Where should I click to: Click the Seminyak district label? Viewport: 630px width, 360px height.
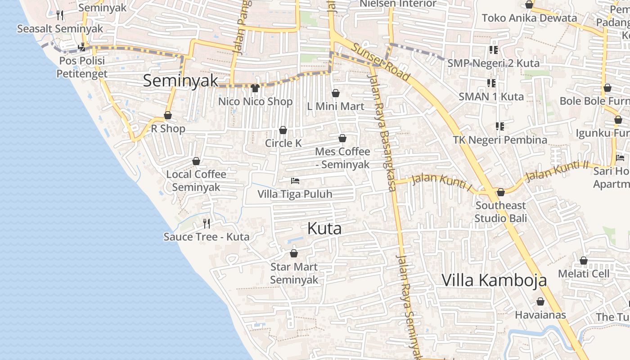180,81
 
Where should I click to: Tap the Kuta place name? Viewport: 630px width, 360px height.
324,229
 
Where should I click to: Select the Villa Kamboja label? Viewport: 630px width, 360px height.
494,280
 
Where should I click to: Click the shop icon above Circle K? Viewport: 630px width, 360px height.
283,130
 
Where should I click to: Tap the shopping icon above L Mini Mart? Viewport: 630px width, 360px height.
335,93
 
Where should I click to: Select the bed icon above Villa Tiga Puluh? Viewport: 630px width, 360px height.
295,181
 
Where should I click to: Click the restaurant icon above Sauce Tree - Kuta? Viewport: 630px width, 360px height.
207,223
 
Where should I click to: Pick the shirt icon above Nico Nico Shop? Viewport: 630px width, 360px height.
255,88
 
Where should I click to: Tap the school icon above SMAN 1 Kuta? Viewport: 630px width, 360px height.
491,83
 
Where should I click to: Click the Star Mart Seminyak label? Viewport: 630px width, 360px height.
294,273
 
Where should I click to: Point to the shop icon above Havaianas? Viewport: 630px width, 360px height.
540,301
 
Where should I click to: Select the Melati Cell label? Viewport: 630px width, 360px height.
584,274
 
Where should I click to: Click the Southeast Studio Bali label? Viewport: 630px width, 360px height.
500,212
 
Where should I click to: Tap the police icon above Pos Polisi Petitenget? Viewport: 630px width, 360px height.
82,46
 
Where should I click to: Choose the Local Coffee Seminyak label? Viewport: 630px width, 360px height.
196,180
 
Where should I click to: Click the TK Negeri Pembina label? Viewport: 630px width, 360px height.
500,140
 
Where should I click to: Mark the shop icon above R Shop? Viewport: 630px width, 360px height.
168,116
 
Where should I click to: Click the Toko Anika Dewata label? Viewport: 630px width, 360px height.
529,18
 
